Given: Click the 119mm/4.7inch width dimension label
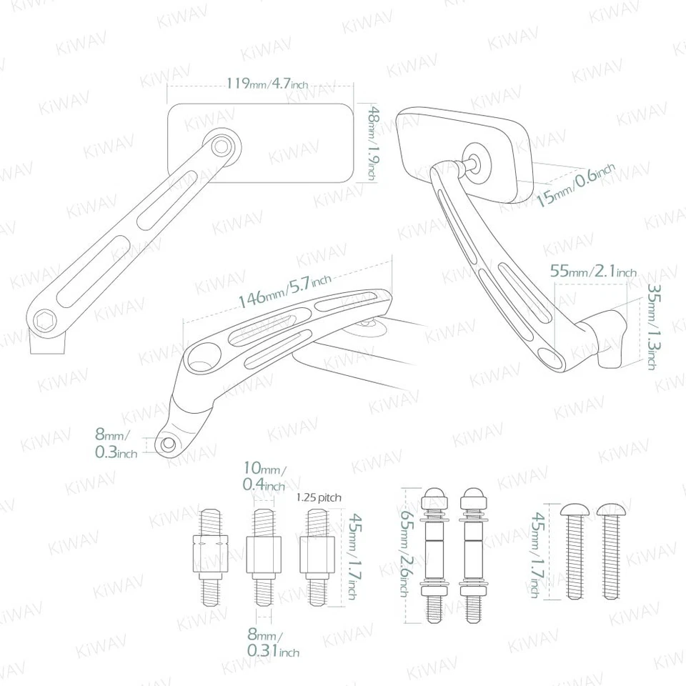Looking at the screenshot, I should click(x=267, y=84).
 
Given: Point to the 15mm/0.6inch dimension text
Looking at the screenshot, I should click(x=576, y=184).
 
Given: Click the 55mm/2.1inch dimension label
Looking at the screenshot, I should click(x=593, y=272).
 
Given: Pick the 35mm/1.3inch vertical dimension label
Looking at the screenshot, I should click(x=652, y=327).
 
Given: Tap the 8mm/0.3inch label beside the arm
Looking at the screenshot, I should click(x=116, y=443).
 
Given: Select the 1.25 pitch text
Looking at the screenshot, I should click(x=318, y=497).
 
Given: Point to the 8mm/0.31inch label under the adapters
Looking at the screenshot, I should click(x=272, y=644).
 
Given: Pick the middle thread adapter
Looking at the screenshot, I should click(x=263, y=557).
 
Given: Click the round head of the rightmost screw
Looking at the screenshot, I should click(x=607, y=509).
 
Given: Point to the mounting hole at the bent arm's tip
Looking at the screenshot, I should click(x=169, y=444).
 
